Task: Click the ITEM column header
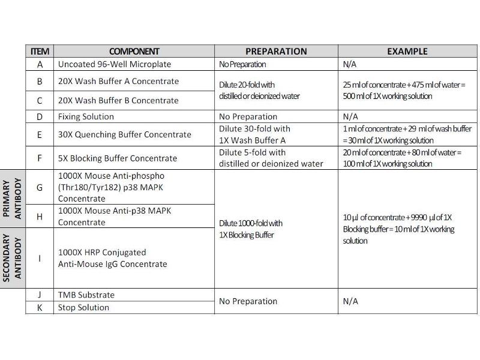pos(40,52)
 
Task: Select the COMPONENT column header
pos(134,52)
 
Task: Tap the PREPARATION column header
pos(276,52)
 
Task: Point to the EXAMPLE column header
pos(407,52)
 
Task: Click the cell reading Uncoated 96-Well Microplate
pos(115,64)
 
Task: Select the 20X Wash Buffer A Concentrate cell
pos(119,81)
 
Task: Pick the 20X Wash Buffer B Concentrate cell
pos(119,100)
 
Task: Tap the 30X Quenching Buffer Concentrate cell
pos(125,134)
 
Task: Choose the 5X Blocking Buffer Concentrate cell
pos(118,158)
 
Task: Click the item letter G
pos(40,187)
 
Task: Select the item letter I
pos(40,258)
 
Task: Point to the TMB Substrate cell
pos(86,295)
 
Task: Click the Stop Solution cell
pos(84,307)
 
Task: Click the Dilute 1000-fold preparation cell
pos(251,229)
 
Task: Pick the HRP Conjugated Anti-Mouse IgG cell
pos(113,258)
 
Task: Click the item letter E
pos(40,134)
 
